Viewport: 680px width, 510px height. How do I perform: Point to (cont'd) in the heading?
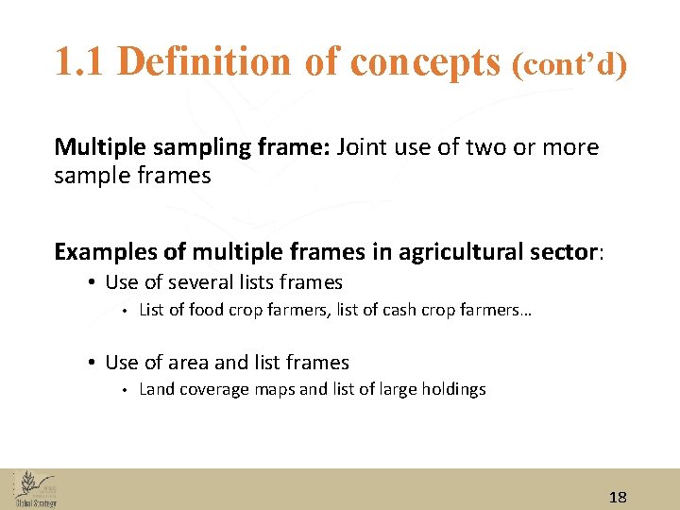click(x=569, y=64)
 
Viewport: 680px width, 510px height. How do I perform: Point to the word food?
click(x=207, y=310)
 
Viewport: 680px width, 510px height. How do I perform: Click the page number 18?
click(x=619, y=497)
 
